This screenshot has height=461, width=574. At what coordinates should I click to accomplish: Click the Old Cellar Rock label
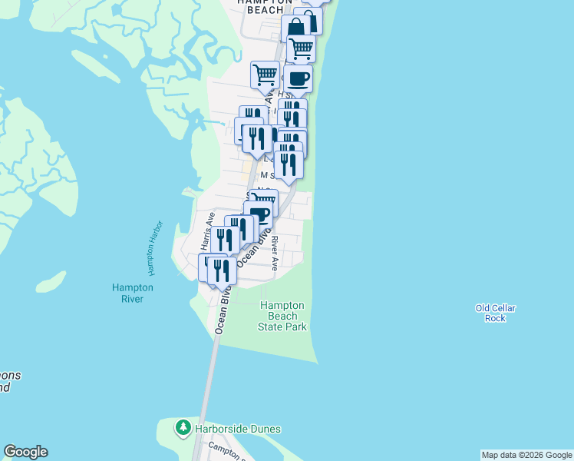pyautogui.click(x=495, y=313)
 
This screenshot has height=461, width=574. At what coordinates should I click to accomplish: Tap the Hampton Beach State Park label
pyautogui.click(x=283, y=316)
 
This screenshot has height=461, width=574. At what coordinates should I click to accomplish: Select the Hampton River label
pyautogui.click(x=133, y=293)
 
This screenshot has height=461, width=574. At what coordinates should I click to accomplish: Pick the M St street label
pyautogui.click(x=267, y=175)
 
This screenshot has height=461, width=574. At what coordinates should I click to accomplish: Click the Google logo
pyautogui.click(x=25, y=452)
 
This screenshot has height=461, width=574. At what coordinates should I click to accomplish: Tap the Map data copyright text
pyautogui.click(x=526, y=455)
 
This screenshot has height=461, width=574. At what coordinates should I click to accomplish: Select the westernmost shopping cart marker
pyautogui.click(x=265, y=75)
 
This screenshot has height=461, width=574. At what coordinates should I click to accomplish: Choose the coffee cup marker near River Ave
pyautogui.click(x=259, y=214)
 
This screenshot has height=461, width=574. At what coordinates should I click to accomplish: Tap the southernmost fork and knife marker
pyautogui.click(x=222, y=270)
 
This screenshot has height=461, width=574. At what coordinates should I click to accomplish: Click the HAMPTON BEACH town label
pyautogui.click(x=266, y=5)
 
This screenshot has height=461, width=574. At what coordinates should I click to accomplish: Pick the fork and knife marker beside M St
pyautogui.click(x=289, y=164)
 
